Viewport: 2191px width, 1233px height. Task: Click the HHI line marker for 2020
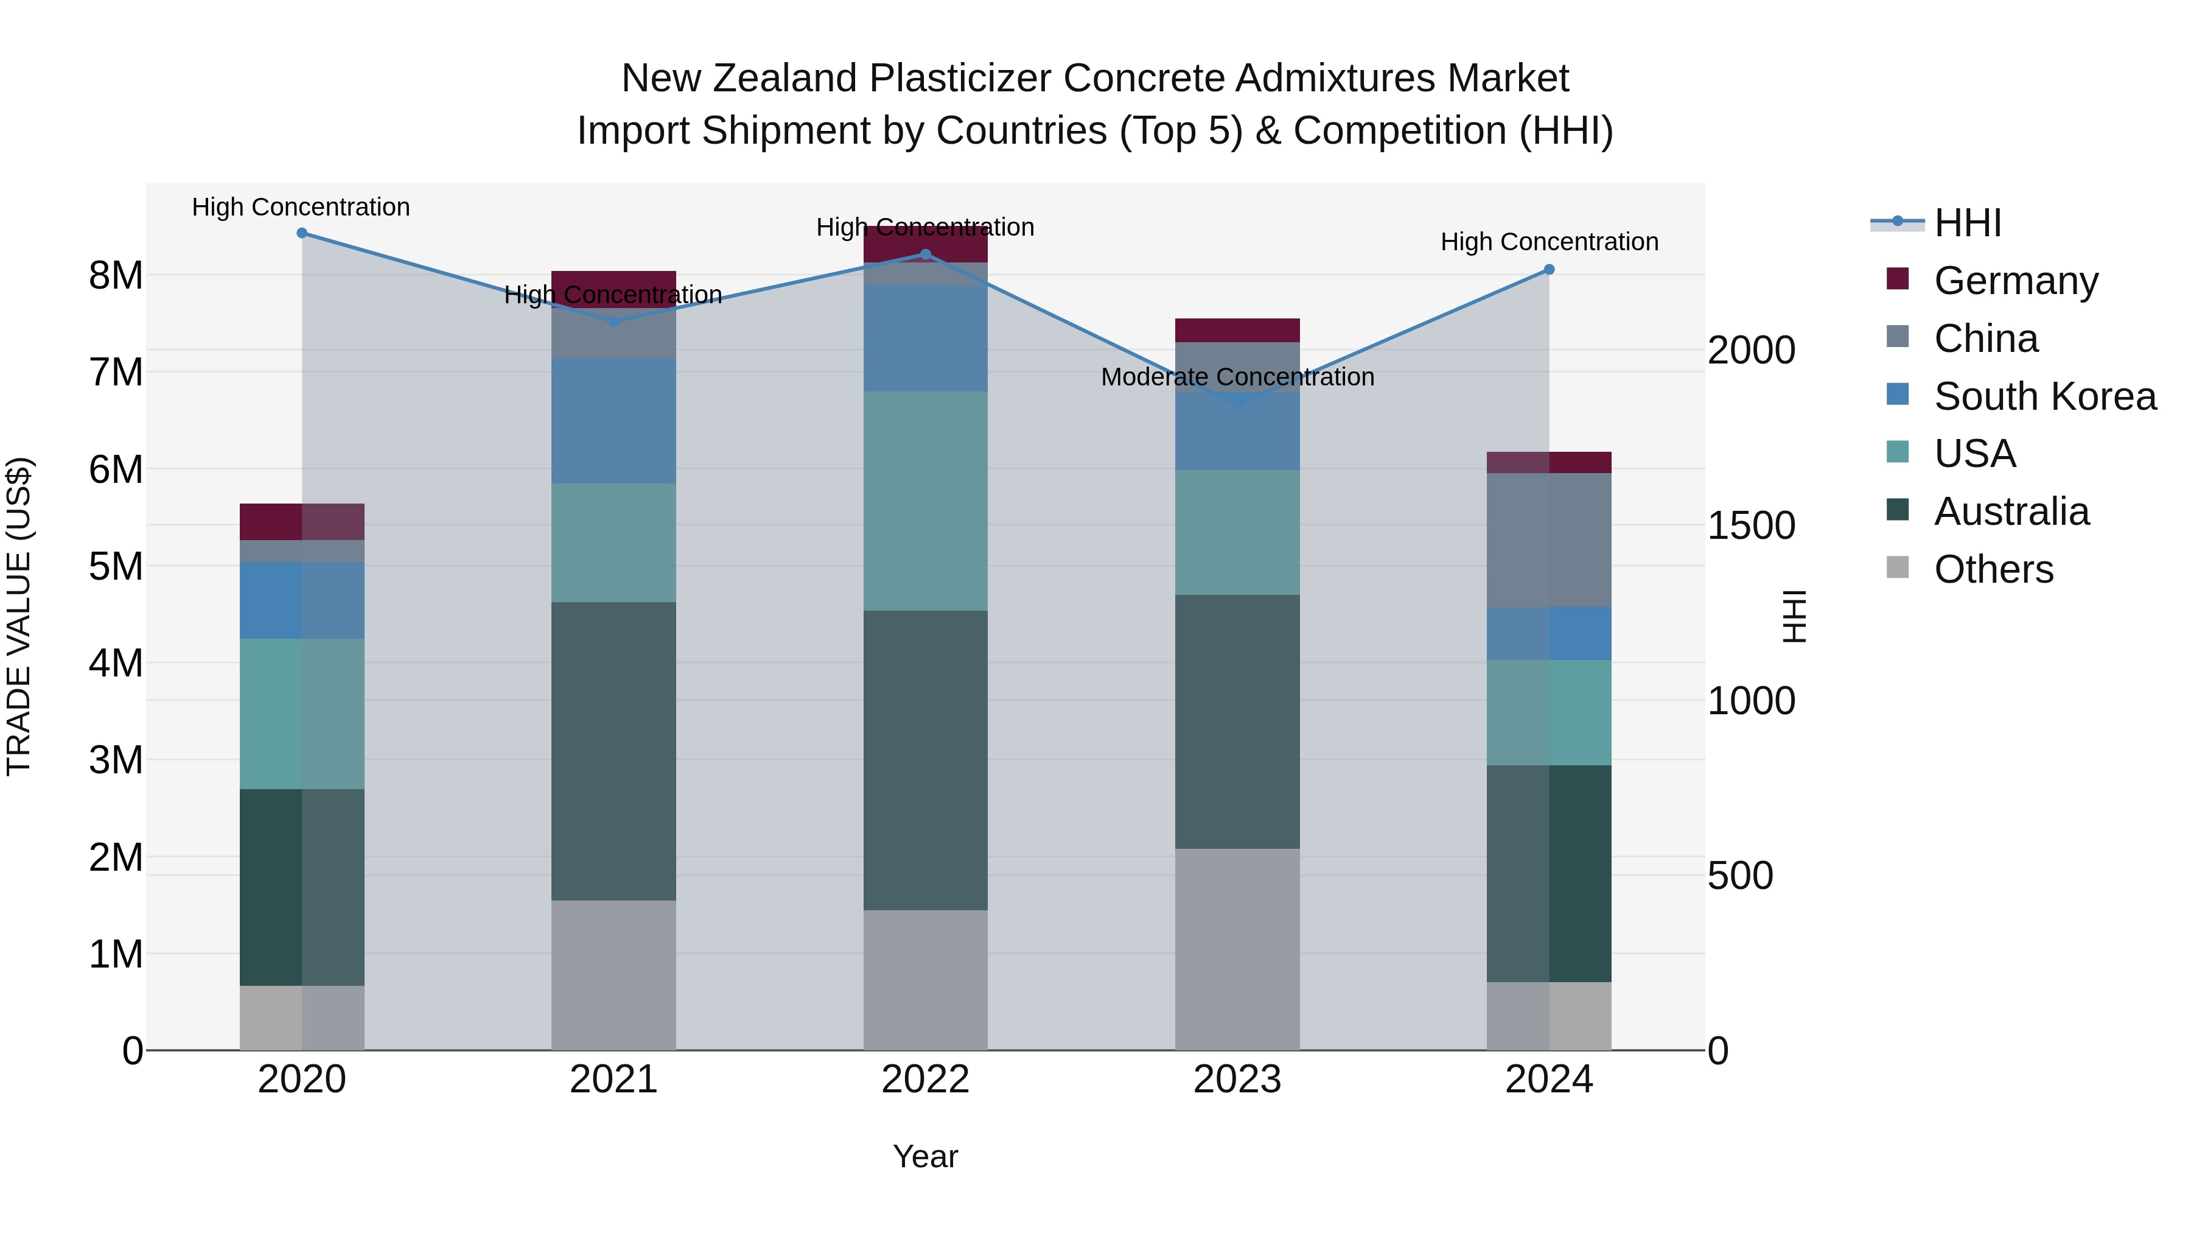[x=302, y=233]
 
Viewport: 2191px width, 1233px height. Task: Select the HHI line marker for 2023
[x=1237, y=403]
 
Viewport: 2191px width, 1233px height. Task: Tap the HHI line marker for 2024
[x=1549, y=270]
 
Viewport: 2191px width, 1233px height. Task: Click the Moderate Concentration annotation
[x=1237, y=377]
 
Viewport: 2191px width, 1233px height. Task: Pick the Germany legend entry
[x=2015, y=281]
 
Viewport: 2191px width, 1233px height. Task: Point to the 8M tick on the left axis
[x=116, y=276]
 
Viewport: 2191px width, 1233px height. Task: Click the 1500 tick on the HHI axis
[x=1751, y=526]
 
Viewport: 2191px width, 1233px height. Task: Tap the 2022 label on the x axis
[x=925, y=1080]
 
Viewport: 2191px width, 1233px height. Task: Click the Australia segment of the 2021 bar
[x=613, y=751]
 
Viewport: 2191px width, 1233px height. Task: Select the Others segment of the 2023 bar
[x=1237, y=949]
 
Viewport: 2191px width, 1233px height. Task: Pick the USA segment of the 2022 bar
[x=925, y=501]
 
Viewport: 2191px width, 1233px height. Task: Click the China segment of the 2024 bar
[x=1549, y=540]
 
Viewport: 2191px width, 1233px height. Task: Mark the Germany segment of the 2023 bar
[x=1237, y=330]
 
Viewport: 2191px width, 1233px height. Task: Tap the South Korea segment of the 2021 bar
[x=613, y=421]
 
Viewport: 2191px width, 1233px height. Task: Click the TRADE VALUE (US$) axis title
[x=19, y=616]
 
